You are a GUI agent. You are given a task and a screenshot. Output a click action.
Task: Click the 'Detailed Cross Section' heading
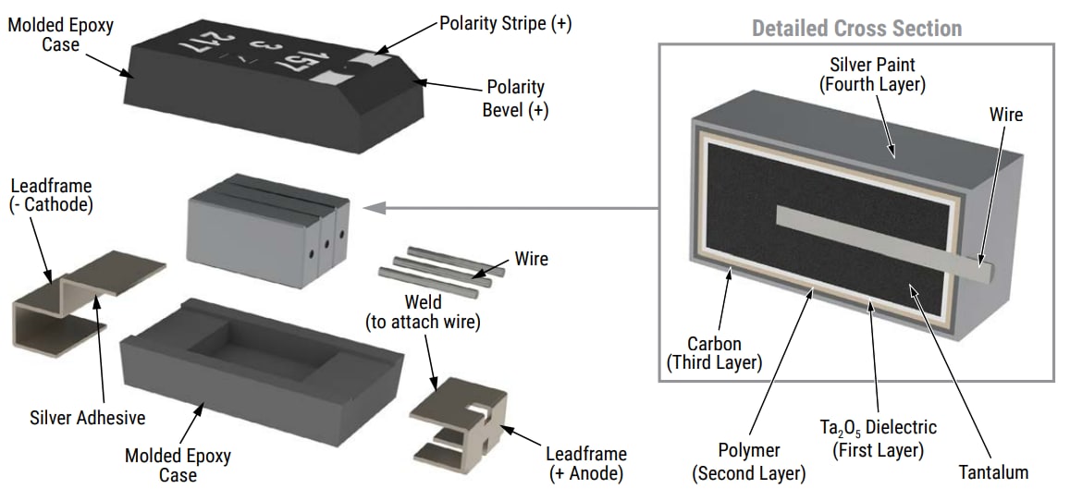(856, 28)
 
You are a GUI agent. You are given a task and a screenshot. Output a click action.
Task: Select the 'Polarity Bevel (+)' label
(515, 98)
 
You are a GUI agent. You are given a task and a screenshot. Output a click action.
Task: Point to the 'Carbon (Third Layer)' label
(714, 354)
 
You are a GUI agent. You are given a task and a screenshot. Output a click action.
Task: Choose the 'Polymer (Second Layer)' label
(748, 462)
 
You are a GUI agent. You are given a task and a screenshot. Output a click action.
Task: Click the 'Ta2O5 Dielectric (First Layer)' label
(884, 439)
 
